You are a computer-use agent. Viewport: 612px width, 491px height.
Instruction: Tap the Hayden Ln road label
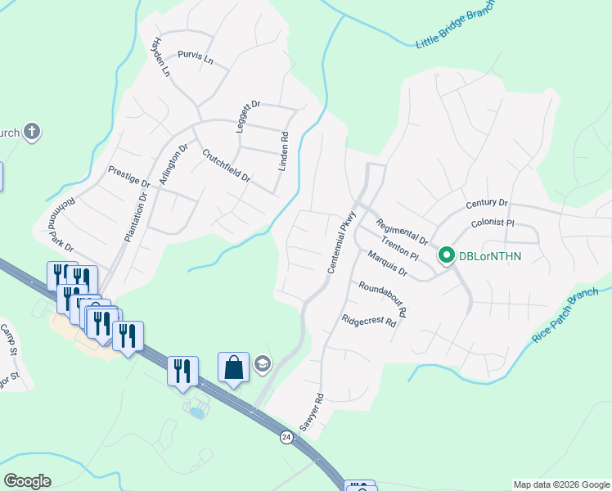pyautogui.click(x=162, y=56)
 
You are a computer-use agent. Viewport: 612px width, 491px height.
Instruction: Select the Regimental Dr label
pyautogui.click(x=402, y=232)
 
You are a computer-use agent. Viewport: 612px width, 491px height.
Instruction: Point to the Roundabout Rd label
pyautogui.click(x=382, y=300)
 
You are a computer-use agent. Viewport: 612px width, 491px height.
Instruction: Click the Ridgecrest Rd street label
pyautogui.click(x=369, y=321)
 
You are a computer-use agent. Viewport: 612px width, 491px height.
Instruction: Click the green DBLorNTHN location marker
pyautogui.click(x=447, y=256)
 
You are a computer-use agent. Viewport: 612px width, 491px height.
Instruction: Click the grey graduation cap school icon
pyautogui.click(x=262, y=364)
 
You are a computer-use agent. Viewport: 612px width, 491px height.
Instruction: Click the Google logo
pyautogui.click(x=27, y=481)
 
